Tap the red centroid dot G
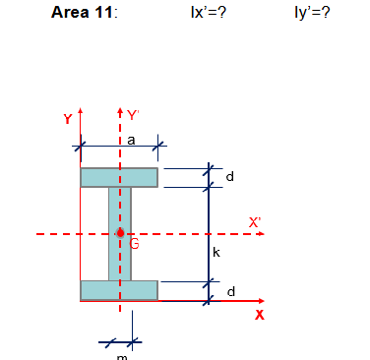point(120,234)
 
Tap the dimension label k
point(216,253)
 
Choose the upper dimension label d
point(230,178)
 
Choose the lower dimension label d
point(230,291)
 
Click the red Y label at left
point(67,119)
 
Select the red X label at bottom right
point(260,315)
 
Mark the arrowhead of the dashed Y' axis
point(120,109)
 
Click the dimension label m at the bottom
point(121,357)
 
